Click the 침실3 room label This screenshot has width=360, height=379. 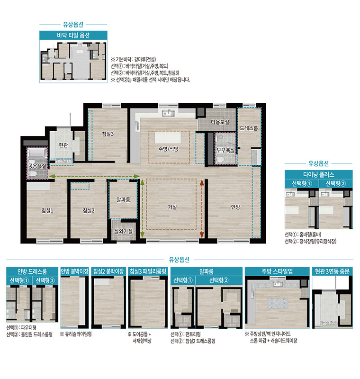108,134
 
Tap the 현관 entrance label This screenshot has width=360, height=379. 63,145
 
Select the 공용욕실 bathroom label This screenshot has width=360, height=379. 37,166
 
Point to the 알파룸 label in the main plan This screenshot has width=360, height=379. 124,199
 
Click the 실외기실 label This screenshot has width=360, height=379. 124,231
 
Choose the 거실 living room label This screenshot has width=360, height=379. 172,207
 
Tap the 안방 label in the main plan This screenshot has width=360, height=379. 235,207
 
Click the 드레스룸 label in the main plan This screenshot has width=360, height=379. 249,128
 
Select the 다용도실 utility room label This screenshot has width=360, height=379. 220,122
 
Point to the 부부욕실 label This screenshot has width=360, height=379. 225,150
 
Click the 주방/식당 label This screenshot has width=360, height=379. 169,149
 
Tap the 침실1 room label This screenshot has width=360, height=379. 47,210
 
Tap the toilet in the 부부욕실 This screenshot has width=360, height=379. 220,159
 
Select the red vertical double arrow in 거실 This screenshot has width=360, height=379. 202,208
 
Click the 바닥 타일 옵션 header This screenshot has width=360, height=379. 73,35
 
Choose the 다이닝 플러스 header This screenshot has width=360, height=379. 319,174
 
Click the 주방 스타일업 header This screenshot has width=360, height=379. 277,271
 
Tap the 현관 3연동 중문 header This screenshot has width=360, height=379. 332,271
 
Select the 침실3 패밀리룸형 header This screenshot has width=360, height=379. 148,271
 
